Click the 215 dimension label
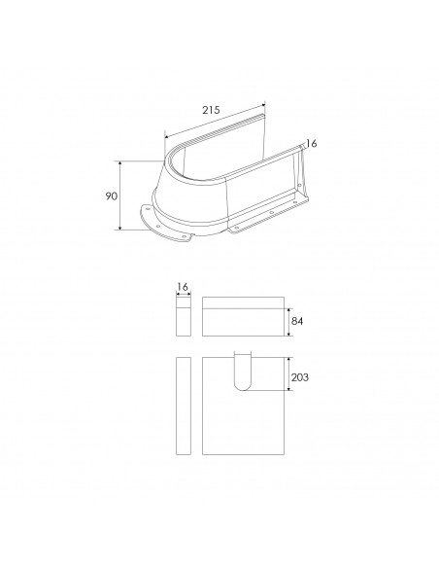pos(211,110)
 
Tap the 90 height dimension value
pos(112,195)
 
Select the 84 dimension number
pos(296,321)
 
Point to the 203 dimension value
pos(300,377)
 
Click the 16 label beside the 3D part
pos(311,144)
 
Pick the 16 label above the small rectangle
pos(183,287)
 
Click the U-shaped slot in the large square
pos(242,371)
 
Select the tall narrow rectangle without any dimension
pos(184,406)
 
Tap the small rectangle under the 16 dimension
pos(184,316)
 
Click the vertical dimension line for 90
pos(120,195)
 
